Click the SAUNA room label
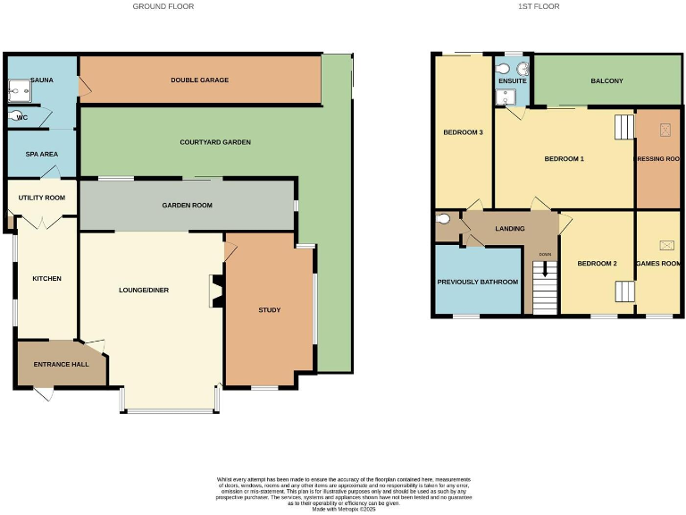point(42,80)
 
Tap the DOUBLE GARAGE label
point(200,80)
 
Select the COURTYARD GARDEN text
point(214,142)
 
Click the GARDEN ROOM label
point(187,205)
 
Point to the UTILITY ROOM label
point(43,198)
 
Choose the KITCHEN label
point(46,279)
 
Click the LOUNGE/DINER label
point(144,290)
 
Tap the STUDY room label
point(269,310)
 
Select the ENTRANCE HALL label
point(58,365)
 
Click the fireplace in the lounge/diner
point(214,291)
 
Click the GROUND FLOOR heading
point(163,6)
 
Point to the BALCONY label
point(607,81)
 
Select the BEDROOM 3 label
point(463,132)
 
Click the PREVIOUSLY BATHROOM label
point(477,282)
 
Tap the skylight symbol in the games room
point(666,244)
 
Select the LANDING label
point(509,229)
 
